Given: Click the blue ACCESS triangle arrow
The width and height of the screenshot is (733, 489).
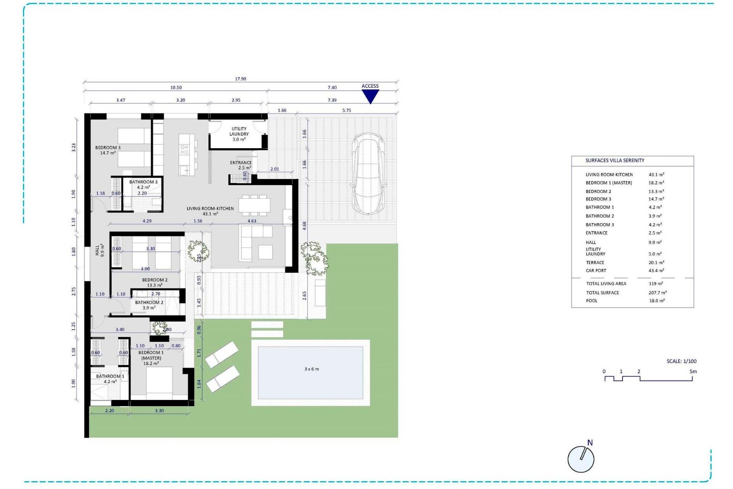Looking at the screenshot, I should pyautogui.click(x=370, y=96).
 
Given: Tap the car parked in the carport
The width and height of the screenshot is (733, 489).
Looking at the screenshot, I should pyautogui.click(x=368, y=174).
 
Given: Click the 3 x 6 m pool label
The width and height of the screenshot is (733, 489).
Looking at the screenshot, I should pyautogui.click(x=312, y=369).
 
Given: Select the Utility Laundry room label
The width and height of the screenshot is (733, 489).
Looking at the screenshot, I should pyautogui.click(x=239, y=134).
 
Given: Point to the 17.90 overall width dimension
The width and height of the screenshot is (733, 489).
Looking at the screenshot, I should pyautogui.click(x=241, y=79).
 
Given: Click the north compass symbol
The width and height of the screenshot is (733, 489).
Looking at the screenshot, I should pyautogui.click(x=581, y=459).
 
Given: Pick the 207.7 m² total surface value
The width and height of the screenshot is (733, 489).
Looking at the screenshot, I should pyautogui.click(x=657, y=293).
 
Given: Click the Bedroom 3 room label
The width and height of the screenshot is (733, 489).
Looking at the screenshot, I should pyautogui.click(x=108, y=150).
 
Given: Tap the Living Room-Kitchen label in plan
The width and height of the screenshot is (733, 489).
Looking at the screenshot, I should pyautogui.click(x=210, y=211).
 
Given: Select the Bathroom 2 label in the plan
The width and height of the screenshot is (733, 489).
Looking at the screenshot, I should pyautogui.click(x=149, y=305).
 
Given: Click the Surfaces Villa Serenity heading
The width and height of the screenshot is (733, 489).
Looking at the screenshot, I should pyautogui.click(x=615, y=160).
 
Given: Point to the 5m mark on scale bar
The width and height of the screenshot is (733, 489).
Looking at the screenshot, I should pyautogui.click(x=693, y=371).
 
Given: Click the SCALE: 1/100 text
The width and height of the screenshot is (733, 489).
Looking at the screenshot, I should pyautogui.click(x=681, y=361).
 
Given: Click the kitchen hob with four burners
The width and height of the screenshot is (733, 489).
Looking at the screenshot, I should pyautogui.click(x=184, y=149).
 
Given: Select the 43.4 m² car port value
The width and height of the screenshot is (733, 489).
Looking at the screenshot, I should pyautogui.click(x=656, y=270).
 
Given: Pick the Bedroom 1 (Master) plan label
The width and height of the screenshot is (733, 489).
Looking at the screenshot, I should pyautogui.click(x=151, y=358).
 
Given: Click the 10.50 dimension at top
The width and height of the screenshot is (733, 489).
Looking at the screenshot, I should pyautogui.click(x=176, y=87).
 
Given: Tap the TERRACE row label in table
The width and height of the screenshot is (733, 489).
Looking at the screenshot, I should pyautogui.click(x=595, y=262).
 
